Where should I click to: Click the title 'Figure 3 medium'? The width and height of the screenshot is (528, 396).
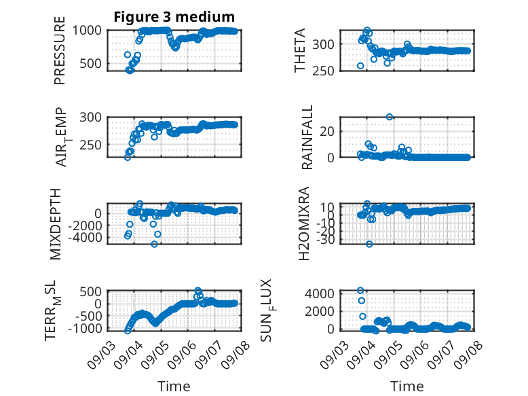click(174, 17)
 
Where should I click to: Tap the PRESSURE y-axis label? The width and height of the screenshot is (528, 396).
click(60, 50)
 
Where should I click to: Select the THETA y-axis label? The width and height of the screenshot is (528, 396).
click(300, 50)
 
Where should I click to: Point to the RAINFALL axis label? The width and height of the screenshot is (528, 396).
click(307, 137)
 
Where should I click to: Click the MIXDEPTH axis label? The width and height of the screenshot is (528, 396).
click(56, 224)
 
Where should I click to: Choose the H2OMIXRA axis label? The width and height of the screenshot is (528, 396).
click(304, 223)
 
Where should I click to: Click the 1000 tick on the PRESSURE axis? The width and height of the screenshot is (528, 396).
click(87, 31)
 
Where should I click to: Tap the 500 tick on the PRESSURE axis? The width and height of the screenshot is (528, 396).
click(90, 63)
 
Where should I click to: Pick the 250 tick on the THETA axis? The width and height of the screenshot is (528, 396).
click(323, 71)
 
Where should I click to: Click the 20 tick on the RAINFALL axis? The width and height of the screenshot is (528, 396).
click(327, 132)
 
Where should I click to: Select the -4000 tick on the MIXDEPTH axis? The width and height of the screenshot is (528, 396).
click(85, 238)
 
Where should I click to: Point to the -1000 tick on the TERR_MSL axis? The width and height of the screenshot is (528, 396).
click(85, 328)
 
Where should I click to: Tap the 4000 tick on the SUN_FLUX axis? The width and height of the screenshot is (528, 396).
click(320, 293)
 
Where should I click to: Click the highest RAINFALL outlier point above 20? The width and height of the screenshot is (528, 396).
click(390, 117)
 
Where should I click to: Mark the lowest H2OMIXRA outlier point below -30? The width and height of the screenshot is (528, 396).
click(369, 244)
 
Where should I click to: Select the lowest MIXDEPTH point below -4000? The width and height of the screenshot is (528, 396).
click(154, 244)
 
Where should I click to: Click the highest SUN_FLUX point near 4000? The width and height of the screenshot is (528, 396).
click(360, 291)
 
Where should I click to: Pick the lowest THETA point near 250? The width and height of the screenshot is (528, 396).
click(360, 66)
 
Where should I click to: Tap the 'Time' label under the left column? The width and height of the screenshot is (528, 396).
click(174, 386)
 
